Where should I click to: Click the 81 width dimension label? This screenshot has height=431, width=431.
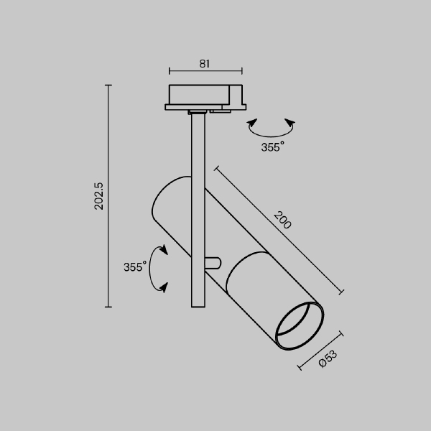pyautogui.click(x=205, y=64)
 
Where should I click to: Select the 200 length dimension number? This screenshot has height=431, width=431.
pyautogui.click(x=282, y=221)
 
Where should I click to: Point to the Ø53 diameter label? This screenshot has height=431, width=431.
pyautogui.click(x=328, y=358)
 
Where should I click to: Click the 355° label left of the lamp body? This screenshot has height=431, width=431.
pyautogui.click(x=134, y=267)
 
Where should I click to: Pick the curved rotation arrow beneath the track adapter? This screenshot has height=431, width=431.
pyautogui.click(x=271, y=129)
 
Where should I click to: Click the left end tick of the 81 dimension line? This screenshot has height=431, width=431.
pyautogui.click(x=170, y=71)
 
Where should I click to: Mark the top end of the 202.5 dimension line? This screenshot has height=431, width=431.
pyautogui.click(x=108, y=85)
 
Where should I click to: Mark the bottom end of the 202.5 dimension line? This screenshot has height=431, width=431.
pyautogui.click(x=108, y=307)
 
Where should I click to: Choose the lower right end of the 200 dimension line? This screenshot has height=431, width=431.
pyautogui.click(x=342, y=292)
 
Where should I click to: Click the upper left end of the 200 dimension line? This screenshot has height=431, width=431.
pyautogui.click(x=215, y=167)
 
